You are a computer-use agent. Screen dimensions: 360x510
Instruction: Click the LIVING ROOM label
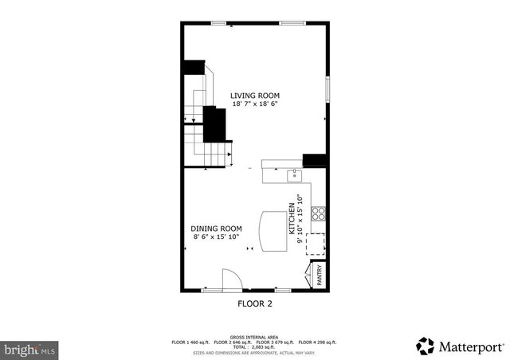click(x=255, y=96)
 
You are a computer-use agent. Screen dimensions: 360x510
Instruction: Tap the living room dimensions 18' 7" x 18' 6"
click(x=255, y=104)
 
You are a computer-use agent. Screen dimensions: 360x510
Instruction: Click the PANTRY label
click(x=320, y=276)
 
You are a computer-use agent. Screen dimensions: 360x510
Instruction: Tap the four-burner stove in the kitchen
click(x=317, y=213)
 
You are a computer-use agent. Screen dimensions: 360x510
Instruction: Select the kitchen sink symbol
click(x=294, y=173)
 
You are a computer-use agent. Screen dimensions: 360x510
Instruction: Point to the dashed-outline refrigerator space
click(x=316, y=244)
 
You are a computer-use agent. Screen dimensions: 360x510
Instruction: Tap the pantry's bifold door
click(x=308, y=275)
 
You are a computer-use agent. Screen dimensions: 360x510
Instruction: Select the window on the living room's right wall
click(x=327, y=89)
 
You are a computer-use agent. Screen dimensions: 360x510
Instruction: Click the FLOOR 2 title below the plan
click(x=255, y=303)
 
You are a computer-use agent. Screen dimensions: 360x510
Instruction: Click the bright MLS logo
click(x=29, y=349)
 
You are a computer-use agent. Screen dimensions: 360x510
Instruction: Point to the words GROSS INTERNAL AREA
click(x=255, y=337)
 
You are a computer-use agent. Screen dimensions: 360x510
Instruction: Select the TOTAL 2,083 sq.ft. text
click(x=255, y=346)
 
